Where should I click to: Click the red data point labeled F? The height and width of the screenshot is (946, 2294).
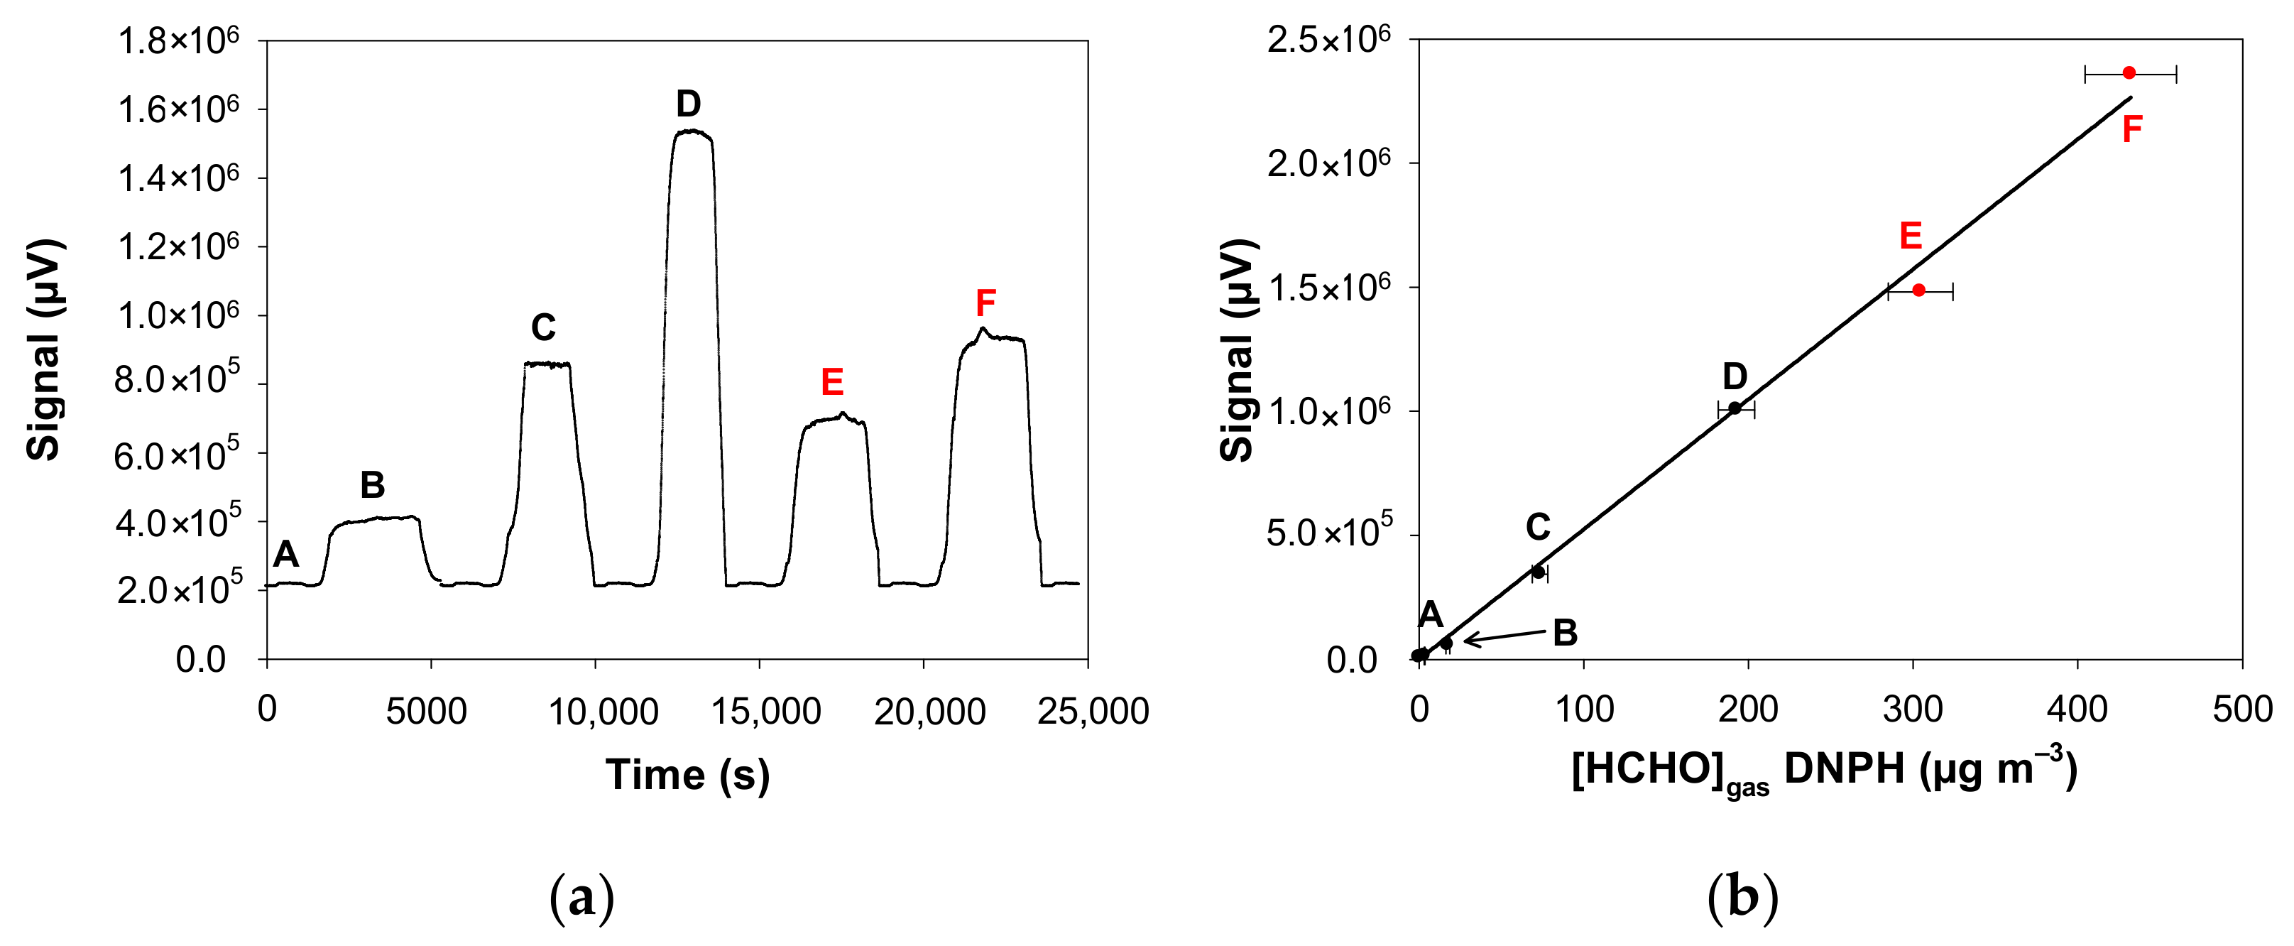[x=2129, y=72]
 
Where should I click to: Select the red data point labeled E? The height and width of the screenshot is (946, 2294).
[x=1919, y=290]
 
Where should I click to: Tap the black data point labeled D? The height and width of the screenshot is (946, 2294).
[x=1735, y=408]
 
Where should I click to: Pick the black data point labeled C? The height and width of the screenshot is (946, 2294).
[x=1538, y=572]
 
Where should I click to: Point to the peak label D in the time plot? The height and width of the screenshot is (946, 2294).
[x=687, y=104]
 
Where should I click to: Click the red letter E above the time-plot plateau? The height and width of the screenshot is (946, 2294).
[x=831, y=382]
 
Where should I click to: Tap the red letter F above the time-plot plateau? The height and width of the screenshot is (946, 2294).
[x=985, y=303]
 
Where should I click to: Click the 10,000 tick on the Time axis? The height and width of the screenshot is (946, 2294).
[x=603, y=712]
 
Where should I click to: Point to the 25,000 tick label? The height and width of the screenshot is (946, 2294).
[x=1093, y=712]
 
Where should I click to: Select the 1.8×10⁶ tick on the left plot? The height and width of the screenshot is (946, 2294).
[x=179, y=40]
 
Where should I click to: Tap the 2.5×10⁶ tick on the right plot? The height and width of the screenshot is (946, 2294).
[x=1328, y=40]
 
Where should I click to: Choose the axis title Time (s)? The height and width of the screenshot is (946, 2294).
[x=687, y=774]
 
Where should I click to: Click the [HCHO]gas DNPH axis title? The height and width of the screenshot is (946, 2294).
[x=1824, y=771]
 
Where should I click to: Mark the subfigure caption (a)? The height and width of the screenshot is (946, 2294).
[x=581, y=898]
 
